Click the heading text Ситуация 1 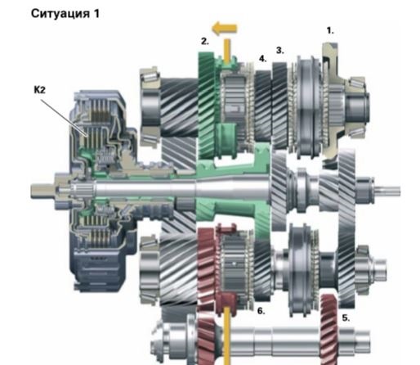[x=65, y=14]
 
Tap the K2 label [x=39, y=90]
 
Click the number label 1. [x=330, y=30]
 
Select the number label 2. [x=205, y=42]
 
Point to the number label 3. [x=280, y=51]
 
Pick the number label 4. [x=262, y=59]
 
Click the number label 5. [x=346, y=318]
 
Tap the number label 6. [x=261, y=311]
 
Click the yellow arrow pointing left [x=225, y=29]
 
